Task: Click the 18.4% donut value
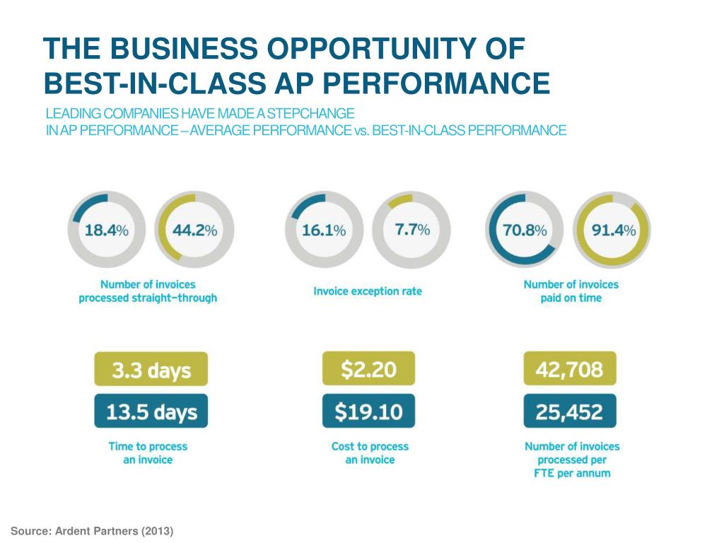tap(107, 230)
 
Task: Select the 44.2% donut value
tap(194, 230)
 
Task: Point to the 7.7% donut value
tap(412, 230)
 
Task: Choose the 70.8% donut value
tap(525, 230)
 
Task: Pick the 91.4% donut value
tap(613, 230)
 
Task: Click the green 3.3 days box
tap(151, 369)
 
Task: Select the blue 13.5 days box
tap(151, 411)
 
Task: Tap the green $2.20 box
tap(368, 369)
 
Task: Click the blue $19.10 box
tap(368, 411)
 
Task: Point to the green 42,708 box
tap(570, 369)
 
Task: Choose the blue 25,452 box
tap(570, 411)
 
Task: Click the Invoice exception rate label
tap(368, 291)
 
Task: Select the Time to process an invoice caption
tap(148, 453)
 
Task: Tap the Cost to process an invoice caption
tap(370, 453)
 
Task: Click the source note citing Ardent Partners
tap(92, 530)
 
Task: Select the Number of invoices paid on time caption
tap(571, 291)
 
